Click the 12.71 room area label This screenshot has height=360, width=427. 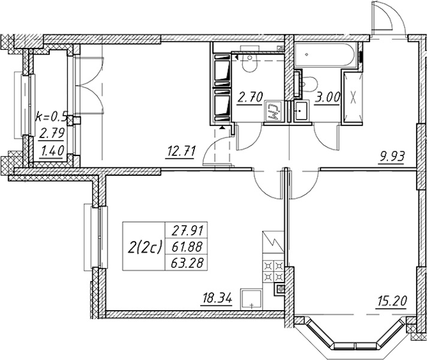point(181,152)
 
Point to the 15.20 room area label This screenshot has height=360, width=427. point(392,302)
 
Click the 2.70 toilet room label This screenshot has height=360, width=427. point(249,97)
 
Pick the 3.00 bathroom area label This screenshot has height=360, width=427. point(327,97)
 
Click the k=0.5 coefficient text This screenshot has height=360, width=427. point(51,117)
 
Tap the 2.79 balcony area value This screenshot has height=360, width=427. point(51,133)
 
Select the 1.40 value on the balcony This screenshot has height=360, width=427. point(52,150)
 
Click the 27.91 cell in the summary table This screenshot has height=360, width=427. point(187,231)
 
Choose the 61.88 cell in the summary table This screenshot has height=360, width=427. point(187,247)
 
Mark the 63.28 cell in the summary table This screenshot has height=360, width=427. point(187,263)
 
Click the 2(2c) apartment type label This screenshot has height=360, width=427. point(145,247)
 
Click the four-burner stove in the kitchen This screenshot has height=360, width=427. point(273,271)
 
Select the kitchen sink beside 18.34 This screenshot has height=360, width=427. point(251,299)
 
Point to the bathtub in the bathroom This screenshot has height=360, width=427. point(326,55)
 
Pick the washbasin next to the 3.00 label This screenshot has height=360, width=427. point(302,110)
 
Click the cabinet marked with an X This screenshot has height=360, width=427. point(353,97)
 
